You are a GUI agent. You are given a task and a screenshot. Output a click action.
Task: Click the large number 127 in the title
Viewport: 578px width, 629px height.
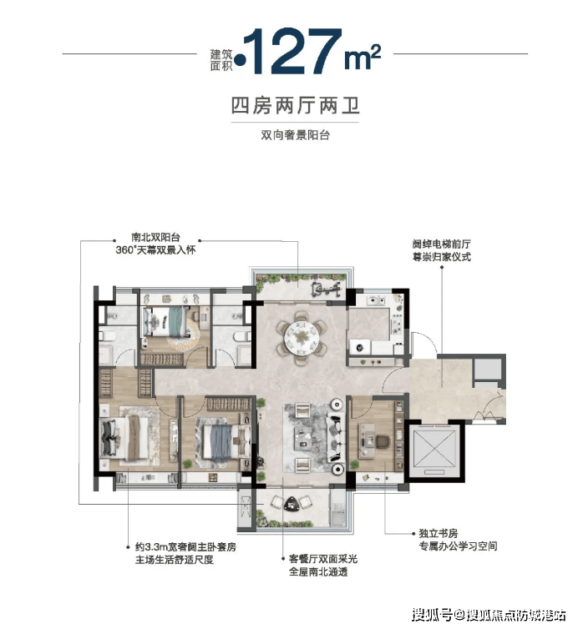292,51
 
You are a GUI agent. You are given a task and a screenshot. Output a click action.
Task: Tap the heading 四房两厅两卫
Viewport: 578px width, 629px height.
295,105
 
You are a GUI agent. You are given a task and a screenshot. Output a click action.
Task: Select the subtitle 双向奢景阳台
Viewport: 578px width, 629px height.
295,135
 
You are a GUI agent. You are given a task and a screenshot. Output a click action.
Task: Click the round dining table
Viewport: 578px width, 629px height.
301,336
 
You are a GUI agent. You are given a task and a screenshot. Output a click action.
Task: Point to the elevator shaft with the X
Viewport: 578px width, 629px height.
436,449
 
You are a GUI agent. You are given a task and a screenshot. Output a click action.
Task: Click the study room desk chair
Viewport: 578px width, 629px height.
383,441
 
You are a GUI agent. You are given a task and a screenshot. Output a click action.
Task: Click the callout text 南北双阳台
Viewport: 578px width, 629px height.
155,238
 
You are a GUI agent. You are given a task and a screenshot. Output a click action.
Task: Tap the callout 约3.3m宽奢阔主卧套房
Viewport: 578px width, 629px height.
185,546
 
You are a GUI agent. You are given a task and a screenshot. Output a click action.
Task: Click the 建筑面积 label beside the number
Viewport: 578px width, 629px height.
221,60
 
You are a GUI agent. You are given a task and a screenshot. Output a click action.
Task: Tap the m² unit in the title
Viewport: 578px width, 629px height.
363,57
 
